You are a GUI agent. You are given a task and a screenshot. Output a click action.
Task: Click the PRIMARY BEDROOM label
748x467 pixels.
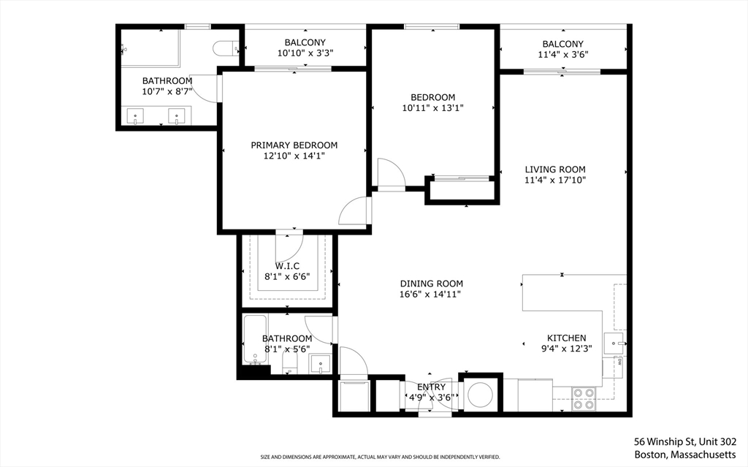pyautogui.click(x=294, y=145)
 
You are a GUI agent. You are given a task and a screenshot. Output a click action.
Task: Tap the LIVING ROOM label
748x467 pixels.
pyautogui.click(x=555, y=170)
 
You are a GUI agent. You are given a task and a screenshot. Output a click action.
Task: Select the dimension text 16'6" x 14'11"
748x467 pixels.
pyautogui.click(x=431, y=295)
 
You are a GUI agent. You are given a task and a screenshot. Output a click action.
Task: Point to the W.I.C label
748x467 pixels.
pyautogui.click(x=287, y=266)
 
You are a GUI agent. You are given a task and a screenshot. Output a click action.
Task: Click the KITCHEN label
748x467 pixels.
pyautogui.click(x=566, y=338)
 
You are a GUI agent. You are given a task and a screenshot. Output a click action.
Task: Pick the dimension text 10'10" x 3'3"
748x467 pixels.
pyautogui.click(x=305, y=53)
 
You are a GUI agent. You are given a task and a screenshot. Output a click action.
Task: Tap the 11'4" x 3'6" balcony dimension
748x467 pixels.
pyautogui.click(x=563, y=55)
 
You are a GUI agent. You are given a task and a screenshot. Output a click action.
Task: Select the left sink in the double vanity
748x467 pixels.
pyautogui.click(x=135, y=116)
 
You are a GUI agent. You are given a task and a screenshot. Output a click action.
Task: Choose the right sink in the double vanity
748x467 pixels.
pyautogui.click(x=177, y=116)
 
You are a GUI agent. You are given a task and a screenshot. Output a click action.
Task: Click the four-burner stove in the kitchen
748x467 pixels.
pyautogui.click(x=584, y=399)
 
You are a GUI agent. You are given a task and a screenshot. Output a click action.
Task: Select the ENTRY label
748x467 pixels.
pyautogui.click(x=431, y=387)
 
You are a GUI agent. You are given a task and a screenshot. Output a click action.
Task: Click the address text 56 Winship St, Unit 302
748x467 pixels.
pyautogui.click(x=685, y=441)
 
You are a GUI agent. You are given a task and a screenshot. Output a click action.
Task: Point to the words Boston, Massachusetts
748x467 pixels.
pyautogui.click(x=685, y=455)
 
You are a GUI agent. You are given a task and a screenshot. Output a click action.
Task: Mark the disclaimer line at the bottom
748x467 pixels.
pyautogui.click(x=380, y=457)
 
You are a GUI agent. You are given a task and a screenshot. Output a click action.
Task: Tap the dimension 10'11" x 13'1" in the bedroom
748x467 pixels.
pyautogui.click(x=432, y=108)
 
